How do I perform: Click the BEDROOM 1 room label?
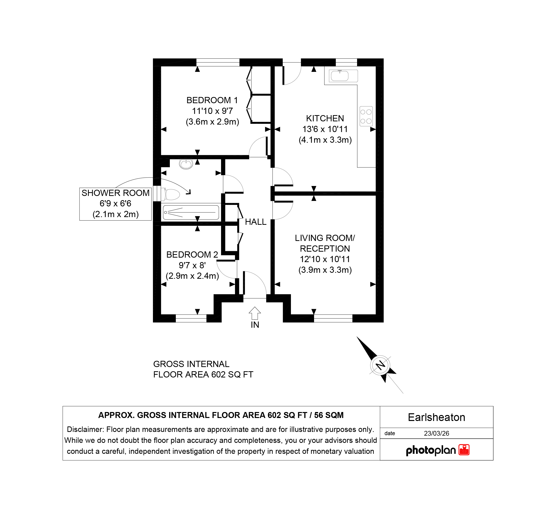tap(212, 100)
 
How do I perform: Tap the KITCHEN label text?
tap(325, 118)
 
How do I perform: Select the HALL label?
tap(256, 222)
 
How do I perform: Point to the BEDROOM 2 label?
tap(192, 254)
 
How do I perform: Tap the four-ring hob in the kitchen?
tap(366, 116)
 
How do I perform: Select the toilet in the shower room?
tap(172, 194)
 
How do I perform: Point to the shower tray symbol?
tap(191, 212)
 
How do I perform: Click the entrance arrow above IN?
tap(255, 313)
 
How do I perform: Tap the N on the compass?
tap(380, 365)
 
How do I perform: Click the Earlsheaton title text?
tap(437, 417)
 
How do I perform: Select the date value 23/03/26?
tap(437, 433)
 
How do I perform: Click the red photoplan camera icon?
tap(464, 450)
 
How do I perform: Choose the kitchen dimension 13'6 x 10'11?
tap(325, 129)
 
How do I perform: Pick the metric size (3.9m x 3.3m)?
tap(325, 270)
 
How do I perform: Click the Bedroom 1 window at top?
tap(218, 62)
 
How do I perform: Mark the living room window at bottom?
tap(333, 318)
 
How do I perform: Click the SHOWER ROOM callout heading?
tap(116, 193)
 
